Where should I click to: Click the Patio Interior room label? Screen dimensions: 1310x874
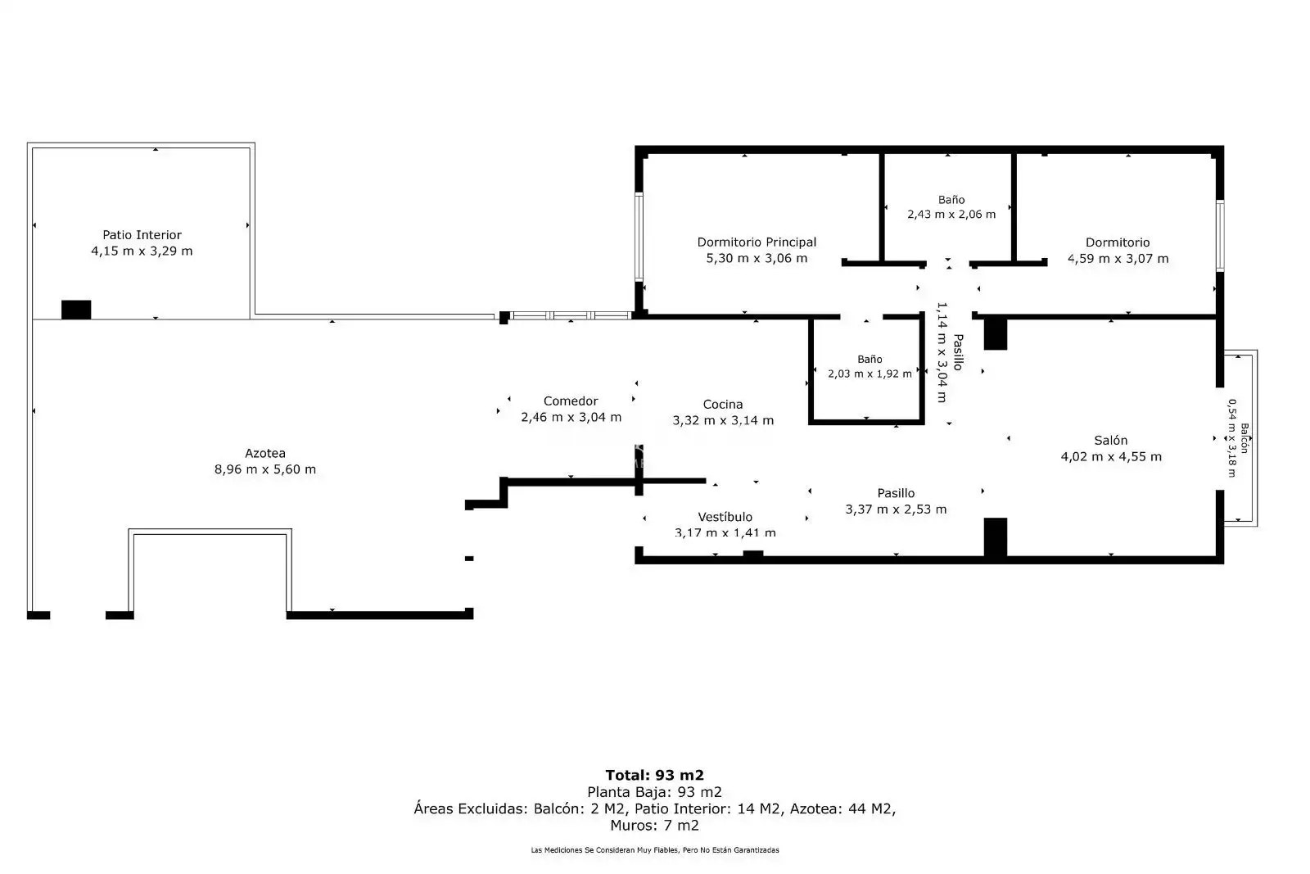pyautogui.click(x=142, y=234)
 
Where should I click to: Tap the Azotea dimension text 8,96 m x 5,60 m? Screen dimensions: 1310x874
pyautogui.click(x=265, y=469)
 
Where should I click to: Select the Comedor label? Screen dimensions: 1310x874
pyautogui.click(x=571, y=401)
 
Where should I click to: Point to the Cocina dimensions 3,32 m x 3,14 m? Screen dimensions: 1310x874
pyautogui.click(x=723, y=420)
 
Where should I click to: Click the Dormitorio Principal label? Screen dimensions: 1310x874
pyautogui.click(x=757, y=242)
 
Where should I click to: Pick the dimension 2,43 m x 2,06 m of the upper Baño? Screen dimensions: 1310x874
pyautogui.click(x=951, y=214)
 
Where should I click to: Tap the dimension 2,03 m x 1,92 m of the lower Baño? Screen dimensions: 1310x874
pyautogui.click(x=870, y=374)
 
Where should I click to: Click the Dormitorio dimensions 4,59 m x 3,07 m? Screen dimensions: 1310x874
pyautogui.click(x=1118, y=259)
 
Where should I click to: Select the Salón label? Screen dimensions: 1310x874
pyautogui.click(x=1110, y=440)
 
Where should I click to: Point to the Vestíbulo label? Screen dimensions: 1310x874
pyautogui.click(x=725, y=517)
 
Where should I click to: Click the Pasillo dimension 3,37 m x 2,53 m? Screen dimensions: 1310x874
pyautogui.click(x=896, y=509)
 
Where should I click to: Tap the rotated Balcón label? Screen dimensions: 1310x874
pyautogui.click(x=1244, y=438)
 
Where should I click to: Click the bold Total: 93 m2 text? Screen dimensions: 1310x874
pyautogui.click(x=654, y=775)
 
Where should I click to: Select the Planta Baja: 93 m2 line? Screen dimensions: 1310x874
pyautogui.click(x=654, y=792)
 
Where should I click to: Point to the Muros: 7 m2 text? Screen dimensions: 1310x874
pyautogui.click(x=654, y=826)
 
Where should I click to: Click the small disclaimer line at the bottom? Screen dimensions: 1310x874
pyautogui.click(x=655, y=850)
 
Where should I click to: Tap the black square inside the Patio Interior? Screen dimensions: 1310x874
pyautogui.click(x=76, y=310)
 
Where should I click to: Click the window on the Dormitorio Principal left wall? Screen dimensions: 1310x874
pyautogui.click(x=639, y=237)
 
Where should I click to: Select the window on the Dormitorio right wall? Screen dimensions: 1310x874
pyautogui.click(x=1220, y=236)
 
